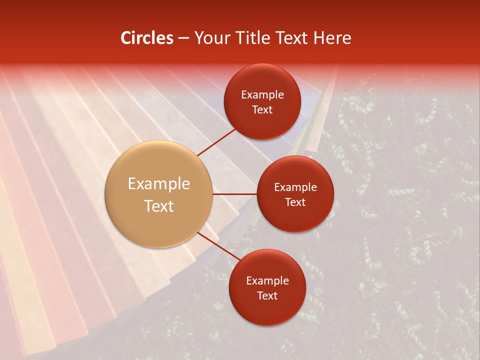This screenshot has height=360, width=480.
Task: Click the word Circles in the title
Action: tap(146, 38)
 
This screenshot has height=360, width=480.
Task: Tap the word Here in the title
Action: tap(331, 38)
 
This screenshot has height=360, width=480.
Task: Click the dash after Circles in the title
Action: tap(183, 38)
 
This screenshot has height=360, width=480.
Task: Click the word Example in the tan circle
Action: tap(158, 183)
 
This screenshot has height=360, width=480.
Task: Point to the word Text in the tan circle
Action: tap(158, 206)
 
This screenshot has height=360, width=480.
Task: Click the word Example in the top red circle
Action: tap(262, 95)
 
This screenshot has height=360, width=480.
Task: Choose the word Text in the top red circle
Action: tap(262, 110)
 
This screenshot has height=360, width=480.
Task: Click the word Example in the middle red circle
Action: tap(295, 187)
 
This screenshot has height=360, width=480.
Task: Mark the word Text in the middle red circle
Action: tap(295, 202)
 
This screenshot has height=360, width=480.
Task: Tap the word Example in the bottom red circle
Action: tap(267, 281)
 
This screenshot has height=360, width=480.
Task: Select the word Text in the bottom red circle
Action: tap(267, 296)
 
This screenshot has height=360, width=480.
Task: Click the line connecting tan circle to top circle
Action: tap(216, 142)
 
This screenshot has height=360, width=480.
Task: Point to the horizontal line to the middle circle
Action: tap(234, 194)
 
